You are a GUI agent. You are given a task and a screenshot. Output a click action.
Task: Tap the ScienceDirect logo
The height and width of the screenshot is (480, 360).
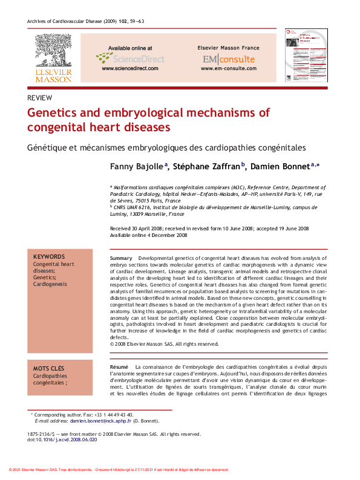130,58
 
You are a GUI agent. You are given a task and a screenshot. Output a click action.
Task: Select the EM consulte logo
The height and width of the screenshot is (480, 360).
228,59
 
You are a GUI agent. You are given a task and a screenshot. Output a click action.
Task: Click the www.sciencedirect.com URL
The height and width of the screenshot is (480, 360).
130,69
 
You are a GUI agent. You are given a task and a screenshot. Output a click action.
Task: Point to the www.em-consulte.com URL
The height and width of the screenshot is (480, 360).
228,69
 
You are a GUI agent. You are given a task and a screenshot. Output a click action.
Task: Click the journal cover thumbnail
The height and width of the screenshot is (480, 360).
306,56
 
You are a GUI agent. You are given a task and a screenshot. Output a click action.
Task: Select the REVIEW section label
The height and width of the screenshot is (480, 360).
40,98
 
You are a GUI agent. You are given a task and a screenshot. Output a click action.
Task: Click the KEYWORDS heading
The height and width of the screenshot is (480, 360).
49,258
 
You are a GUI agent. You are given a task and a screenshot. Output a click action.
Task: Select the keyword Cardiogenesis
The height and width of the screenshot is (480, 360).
50,284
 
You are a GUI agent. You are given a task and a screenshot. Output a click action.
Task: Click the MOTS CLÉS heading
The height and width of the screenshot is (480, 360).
49,368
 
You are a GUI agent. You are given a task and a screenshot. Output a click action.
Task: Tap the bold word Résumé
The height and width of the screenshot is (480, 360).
119,368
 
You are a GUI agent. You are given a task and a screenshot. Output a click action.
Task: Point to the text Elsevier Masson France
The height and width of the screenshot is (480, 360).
228,48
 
